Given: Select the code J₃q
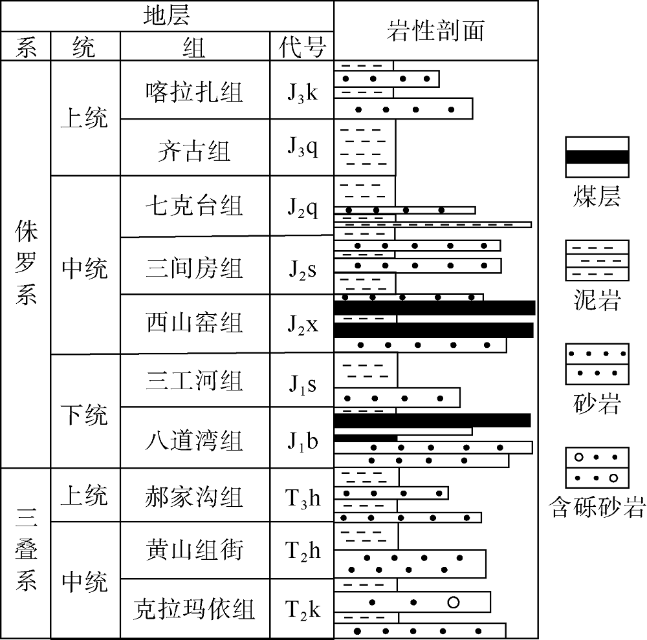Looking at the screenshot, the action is coord(302,147).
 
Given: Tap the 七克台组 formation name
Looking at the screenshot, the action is coord(194,206).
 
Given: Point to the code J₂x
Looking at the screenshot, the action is coord(302,325).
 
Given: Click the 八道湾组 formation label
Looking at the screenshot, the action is coord(194,440).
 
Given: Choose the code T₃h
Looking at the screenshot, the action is coord(302,498).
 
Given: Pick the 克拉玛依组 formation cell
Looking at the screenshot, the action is coord(194,609).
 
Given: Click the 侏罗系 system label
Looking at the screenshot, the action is coord(26,262).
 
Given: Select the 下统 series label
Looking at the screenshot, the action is coord(85,414).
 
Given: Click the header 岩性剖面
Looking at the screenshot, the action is coord(435,31).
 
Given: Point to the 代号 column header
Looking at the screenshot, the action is coord(302,47).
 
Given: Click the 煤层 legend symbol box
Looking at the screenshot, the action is coord(597,157).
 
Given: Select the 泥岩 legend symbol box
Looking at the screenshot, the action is coord(597,261).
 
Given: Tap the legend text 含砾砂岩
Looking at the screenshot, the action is coord(597,507).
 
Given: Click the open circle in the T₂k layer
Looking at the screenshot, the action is coord(453,603).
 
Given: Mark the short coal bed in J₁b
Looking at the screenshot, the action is coord(366,438).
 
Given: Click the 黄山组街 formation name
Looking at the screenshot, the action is coord(194,551).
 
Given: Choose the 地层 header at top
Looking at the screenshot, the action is coord(167,16).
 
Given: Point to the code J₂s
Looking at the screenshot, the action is coord(302,270).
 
